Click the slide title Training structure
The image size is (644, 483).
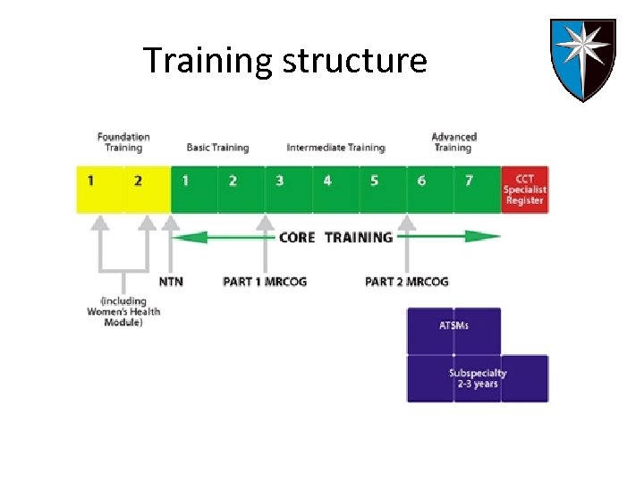click(284, 61)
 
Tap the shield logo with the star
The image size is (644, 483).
click(581, 59)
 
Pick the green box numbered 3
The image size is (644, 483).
click(279, 182)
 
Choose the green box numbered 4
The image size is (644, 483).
click(327, 182)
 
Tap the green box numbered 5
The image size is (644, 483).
click(374, 182)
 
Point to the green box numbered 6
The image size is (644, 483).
click(421, 182)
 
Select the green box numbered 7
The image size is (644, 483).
click(469, 182)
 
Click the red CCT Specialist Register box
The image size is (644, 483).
click(524, 189)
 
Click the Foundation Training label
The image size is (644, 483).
click(123, 142)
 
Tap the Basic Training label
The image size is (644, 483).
click(217, 148)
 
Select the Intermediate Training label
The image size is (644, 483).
click(335, 148)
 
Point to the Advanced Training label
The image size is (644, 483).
click(453, 142)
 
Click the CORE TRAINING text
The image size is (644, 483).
click(335, 237)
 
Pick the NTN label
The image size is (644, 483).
click(171, 282)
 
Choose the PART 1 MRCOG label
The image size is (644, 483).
click(265, 282)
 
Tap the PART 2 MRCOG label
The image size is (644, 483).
click(407, 282)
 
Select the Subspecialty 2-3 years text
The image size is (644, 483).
click(478, 377)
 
